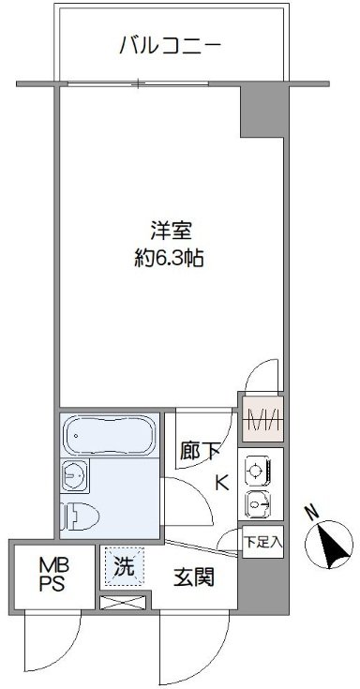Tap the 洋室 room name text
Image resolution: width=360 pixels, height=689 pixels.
coord(168,231)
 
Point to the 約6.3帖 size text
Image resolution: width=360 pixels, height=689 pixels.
coord(168,255)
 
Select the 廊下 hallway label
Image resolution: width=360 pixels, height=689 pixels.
coord(201,451)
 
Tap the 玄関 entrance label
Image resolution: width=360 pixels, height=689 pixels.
coord(194,576)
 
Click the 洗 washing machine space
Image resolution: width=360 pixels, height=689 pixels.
coord(124,566)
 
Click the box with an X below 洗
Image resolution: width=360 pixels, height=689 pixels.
coord(124,602)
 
